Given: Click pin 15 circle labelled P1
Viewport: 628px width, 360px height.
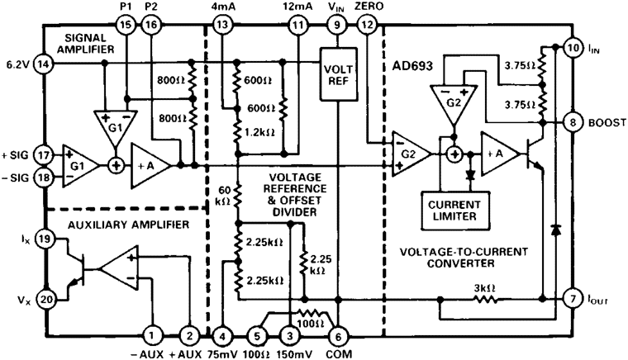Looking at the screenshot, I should (126, 26).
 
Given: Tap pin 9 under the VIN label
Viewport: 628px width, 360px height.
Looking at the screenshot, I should (336, 26).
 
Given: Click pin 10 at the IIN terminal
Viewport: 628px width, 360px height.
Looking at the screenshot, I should (573, 50).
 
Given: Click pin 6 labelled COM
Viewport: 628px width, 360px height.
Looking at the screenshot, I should (336, 336).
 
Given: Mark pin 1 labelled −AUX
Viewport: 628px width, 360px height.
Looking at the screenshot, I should (153, 336).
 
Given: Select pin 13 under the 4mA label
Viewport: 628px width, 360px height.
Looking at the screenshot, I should (222, 26).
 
